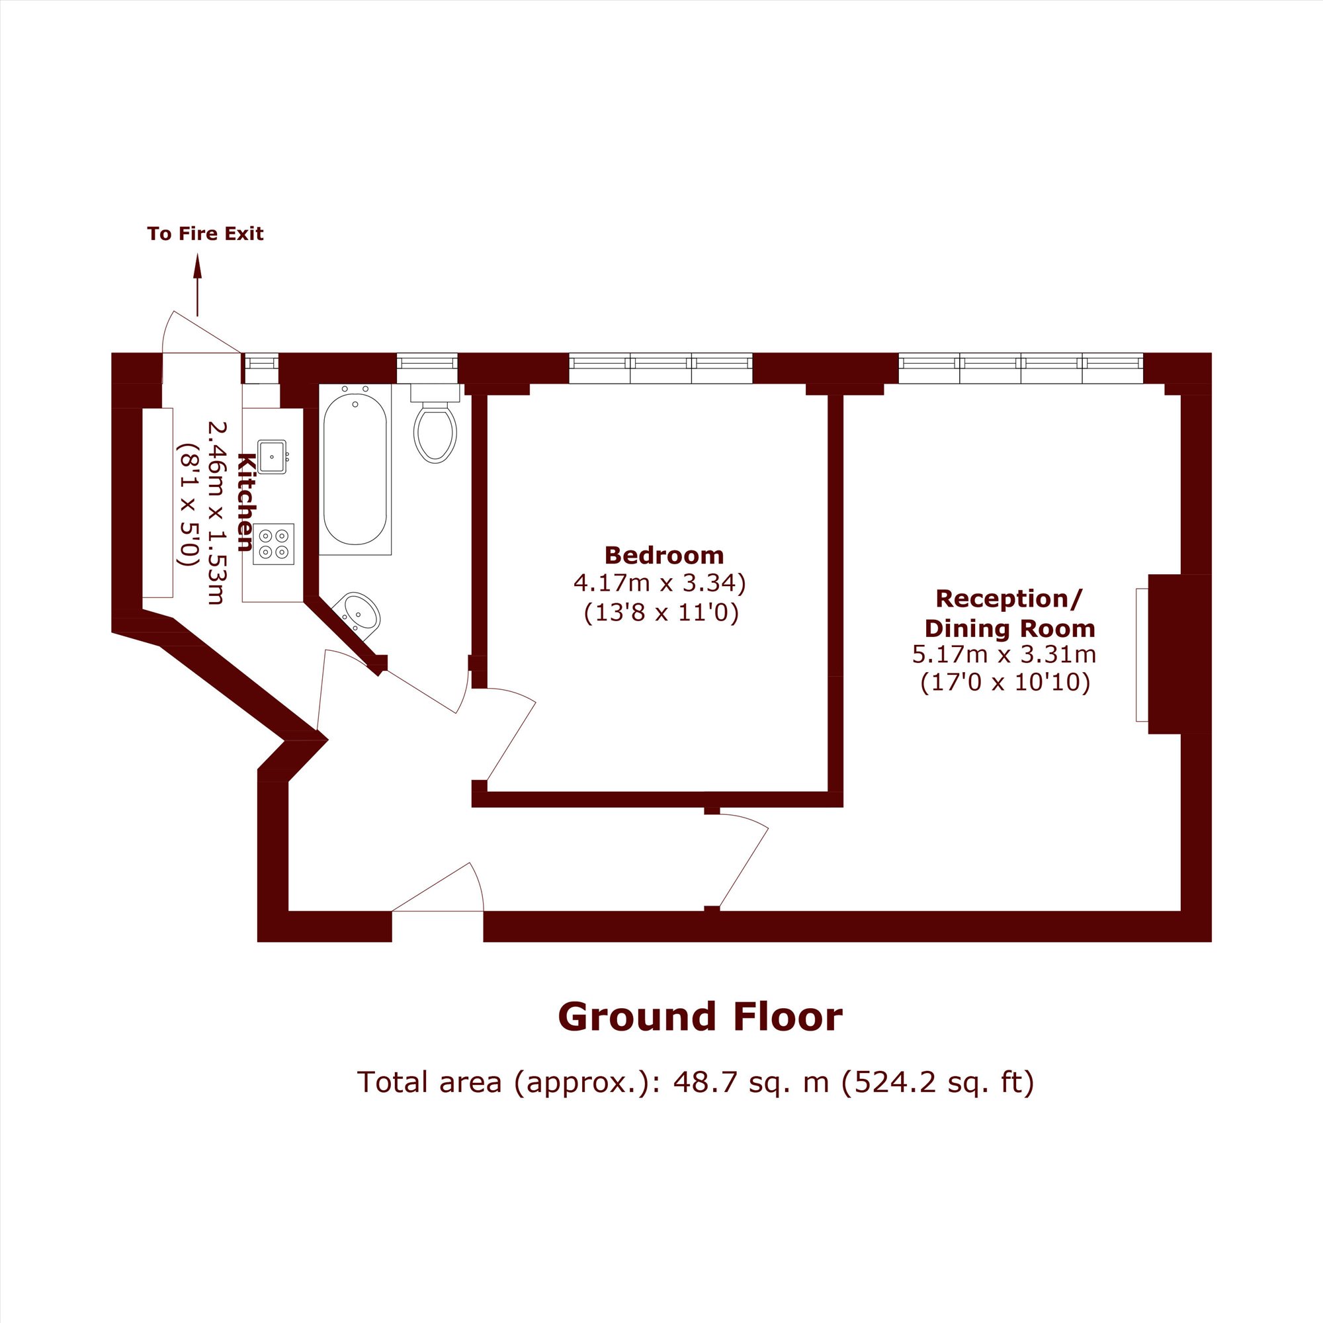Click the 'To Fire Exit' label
[x=206, y=234]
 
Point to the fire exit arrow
[x=198, y=285]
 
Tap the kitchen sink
[x=273, y=456]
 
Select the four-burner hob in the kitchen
[x=273, y=544]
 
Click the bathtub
[x=355, y=469]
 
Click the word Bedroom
[x=663, y=556]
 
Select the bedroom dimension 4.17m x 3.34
[x=659, y=583]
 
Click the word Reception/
[x=1009, y=599]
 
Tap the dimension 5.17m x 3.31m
[x=1004, y=655]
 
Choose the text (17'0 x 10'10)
[x=1005, y=683]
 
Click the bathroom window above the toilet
[x=427, y=368]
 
